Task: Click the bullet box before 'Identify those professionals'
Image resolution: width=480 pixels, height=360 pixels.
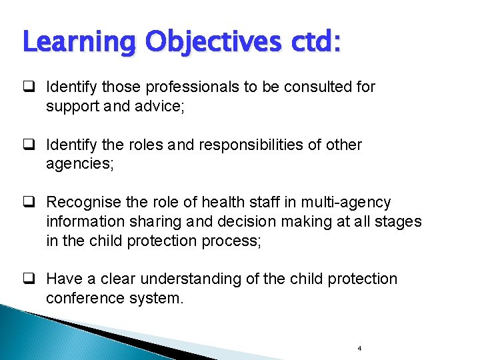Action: (x=30, y=87)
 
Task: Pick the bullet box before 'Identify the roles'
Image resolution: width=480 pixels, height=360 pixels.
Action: (x=30, y=145)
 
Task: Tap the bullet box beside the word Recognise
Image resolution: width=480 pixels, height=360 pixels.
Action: (x=30, y=202)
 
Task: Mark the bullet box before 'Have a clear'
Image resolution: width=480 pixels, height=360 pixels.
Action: (x=30, y=279)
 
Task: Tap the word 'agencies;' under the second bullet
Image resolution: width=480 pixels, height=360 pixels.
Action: (x=80, y=164)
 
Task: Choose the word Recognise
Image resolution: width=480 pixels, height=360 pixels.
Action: (x=85, y=202)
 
